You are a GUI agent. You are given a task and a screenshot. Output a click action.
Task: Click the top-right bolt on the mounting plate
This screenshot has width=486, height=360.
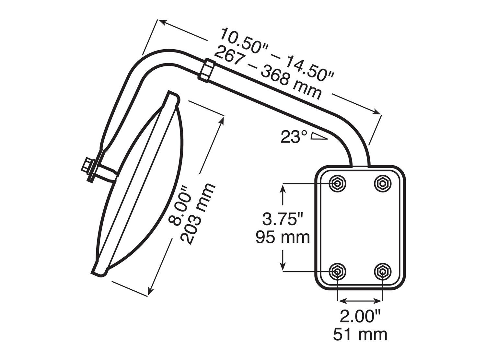(383, 184)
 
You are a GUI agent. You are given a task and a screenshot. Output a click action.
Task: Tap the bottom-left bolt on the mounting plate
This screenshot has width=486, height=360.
(337, 271)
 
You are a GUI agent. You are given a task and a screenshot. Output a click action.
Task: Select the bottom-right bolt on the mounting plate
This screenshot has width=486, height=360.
(383, 271)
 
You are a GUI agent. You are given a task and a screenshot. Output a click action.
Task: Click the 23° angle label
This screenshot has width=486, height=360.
(294, 137)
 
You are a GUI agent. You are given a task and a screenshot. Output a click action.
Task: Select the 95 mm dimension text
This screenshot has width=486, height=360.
(283, 237)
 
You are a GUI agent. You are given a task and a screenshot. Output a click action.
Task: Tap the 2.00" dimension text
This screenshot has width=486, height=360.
(360, 316)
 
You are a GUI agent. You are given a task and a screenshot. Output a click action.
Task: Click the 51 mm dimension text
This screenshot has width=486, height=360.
(360, 334)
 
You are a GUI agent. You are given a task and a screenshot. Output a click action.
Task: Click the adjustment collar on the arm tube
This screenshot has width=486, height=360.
(206, 70)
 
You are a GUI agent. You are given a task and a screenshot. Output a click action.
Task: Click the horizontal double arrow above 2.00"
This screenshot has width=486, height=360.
(360, 301)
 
